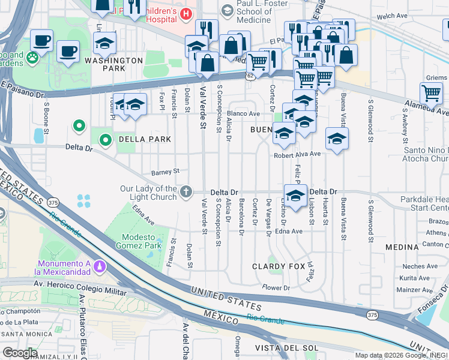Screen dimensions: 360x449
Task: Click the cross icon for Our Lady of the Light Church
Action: coord(186,192)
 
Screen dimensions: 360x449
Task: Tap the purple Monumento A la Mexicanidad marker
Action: coord(103,265)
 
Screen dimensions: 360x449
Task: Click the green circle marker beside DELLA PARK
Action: coord(106,140)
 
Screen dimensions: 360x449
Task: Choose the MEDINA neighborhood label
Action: coord(402,247)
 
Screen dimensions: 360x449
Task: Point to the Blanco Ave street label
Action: coord(243,113)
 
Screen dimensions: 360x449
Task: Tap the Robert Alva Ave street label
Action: coord(297,154)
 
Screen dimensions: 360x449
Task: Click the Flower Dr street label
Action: coord(276,288)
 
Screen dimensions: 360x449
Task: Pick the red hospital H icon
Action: coord(186,14)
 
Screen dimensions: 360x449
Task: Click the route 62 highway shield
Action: coord(249,75)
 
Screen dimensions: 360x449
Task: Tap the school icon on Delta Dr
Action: coord(295,196)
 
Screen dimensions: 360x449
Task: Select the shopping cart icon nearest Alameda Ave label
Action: coord(432,93)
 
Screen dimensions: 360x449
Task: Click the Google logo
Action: coord(20,353)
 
